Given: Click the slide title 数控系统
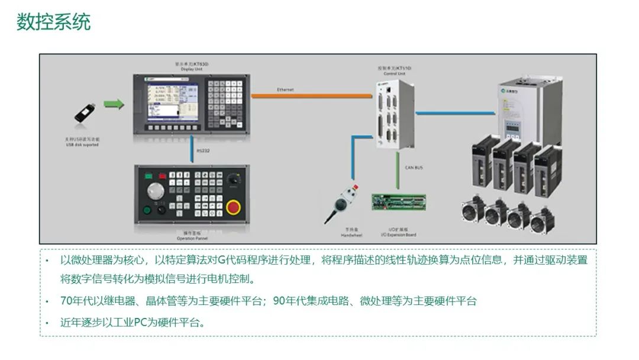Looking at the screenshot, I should [53, 22].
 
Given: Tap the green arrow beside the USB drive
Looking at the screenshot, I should [114, 105].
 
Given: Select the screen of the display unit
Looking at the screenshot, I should [169, 99].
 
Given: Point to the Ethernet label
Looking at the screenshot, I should [285, 89].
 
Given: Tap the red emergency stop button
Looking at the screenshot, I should [234, 207].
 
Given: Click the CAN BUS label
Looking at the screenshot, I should [414, 168].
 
